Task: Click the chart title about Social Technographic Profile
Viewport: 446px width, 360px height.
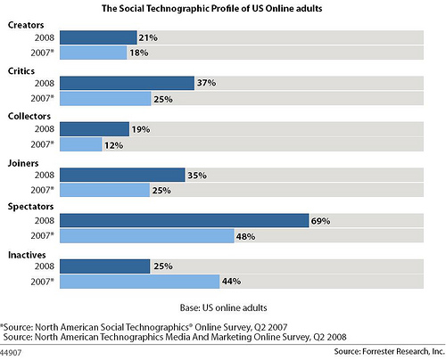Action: coord(211,8)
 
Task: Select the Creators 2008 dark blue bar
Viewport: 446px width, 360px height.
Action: coord(98,37)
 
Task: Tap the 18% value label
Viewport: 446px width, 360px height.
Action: coord(139,53)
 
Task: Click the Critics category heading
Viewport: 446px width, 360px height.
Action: coord(21,71)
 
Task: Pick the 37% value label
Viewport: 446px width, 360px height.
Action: coord(206,83)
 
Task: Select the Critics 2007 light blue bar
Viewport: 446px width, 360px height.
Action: coord(105,99)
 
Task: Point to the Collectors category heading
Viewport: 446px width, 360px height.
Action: coord(29,116)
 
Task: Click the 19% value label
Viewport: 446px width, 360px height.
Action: coord(141,129)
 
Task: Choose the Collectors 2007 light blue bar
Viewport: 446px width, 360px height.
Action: coord(81,144)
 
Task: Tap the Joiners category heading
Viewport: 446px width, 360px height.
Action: coord(23,163)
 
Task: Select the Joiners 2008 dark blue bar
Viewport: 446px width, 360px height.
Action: coord(122,175)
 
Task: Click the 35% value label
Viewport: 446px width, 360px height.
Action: coord(197,176)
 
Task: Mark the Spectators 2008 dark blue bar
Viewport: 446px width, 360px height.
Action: coord(185,220)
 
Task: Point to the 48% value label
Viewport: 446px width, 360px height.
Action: coord(245,237)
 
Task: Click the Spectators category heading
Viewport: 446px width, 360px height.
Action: coord(30,207)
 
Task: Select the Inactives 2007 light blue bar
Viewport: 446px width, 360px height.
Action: coord(140,282)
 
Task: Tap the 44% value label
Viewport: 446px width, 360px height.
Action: coord(231,281)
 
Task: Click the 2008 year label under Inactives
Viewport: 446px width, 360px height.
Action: coord(45,266)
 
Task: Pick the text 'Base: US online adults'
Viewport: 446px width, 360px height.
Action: coord(223,307)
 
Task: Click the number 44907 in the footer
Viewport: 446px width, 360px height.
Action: coord(11,353)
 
